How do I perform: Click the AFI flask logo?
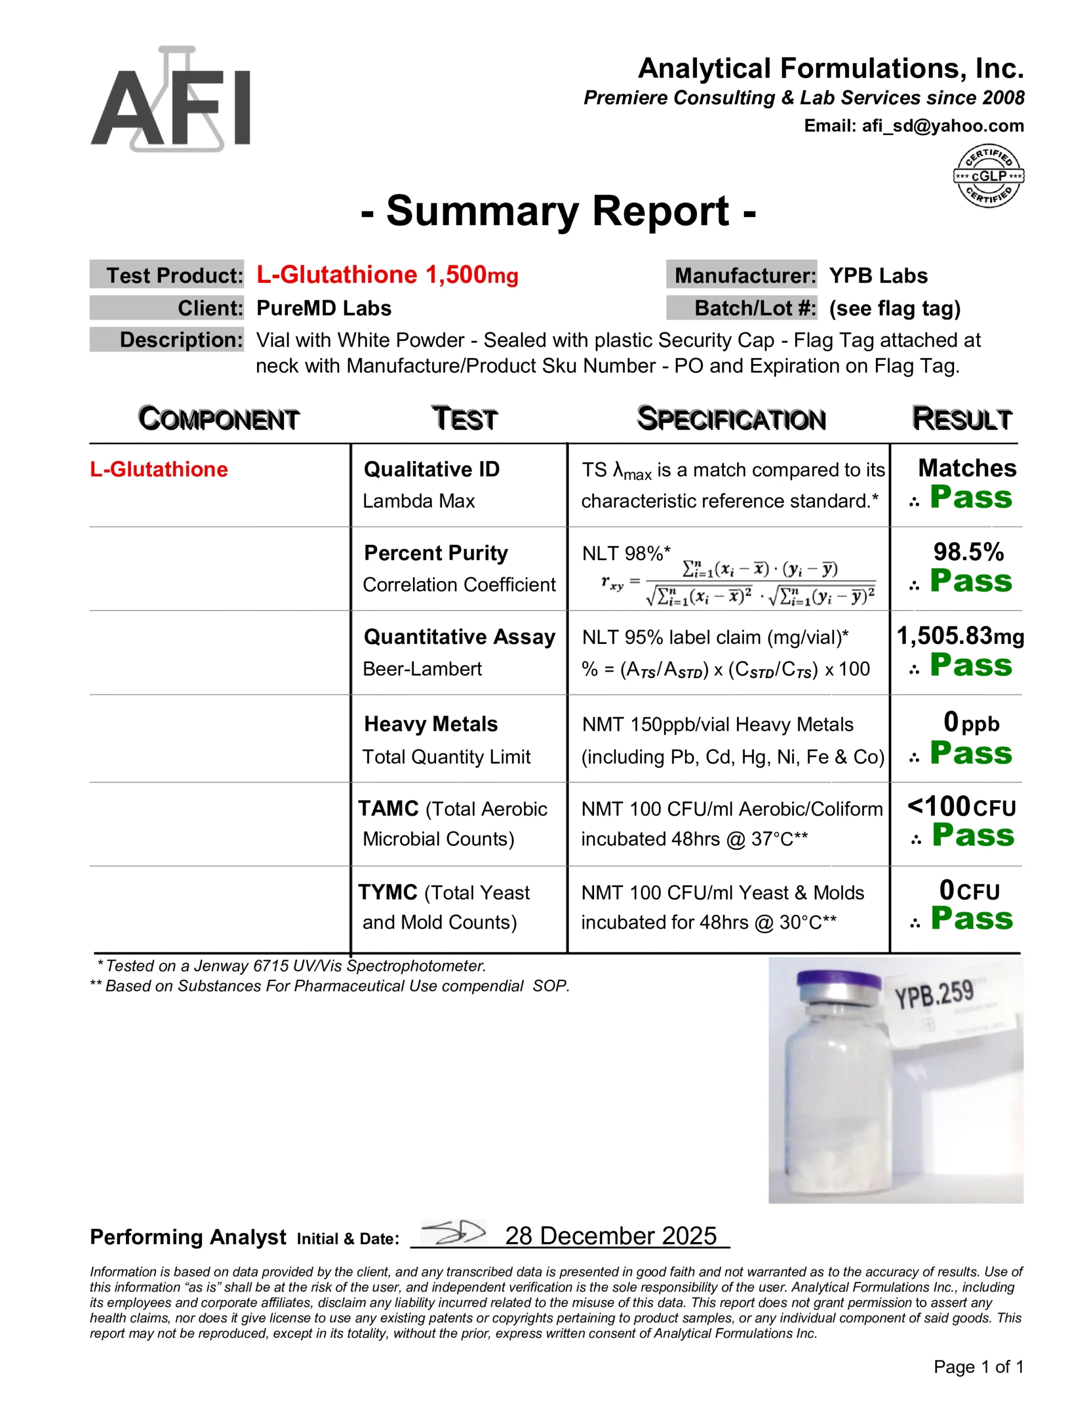(171, 100)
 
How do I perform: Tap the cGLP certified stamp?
(988, 176)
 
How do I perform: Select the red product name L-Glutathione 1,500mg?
(386, 275)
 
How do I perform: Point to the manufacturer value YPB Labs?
(878, 276)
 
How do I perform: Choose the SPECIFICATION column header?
(731, 419)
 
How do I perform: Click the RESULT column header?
(961, 419)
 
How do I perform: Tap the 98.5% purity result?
(968, 552)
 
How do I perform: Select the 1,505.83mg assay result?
(960, 636)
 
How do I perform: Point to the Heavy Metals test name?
(431, 724)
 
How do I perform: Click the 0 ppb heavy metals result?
(970, 723)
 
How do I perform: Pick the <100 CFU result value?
(961, 807)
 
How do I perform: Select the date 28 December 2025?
(610, 1236)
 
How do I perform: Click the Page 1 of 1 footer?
(978, 1366)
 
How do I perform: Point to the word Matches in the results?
(966, 468)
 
